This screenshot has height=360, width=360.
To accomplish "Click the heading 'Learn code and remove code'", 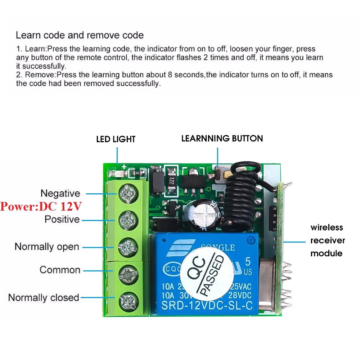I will pos(80,35).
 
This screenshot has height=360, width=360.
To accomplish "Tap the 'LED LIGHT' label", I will pos(116,139).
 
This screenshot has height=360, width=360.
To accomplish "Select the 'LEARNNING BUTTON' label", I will pos(222,138).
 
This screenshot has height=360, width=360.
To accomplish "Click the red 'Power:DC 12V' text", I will pos(41,207).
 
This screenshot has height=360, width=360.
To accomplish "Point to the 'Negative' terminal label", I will pos(60,193).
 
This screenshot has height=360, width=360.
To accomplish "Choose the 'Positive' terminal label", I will pos(62,219).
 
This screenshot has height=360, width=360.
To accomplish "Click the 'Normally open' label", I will pos(46,247).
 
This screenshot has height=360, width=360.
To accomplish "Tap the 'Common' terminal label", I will pos(60,270).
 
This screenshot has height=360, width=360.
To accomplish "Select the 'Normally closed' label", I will pos(44,298).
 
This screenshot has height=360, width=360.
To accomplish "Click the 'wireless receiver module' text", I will pos(328,240).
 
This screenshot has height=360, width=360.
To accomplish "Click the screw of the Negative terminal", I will pos(128,194).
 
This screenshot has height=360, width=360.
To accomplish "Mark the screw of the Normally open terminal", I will pos(128,247).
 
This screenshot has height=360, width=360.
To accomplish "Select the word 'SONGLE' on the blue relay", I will pos(218,248).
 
